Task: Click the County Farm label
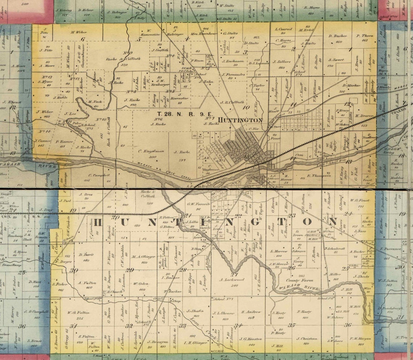click(x=297, y=280)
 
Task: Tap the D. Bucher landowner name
click(x=338, y=36)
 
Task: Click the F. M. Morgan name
click(x=360, y=339)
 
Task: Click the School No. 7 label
click(x=224, y=299)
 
